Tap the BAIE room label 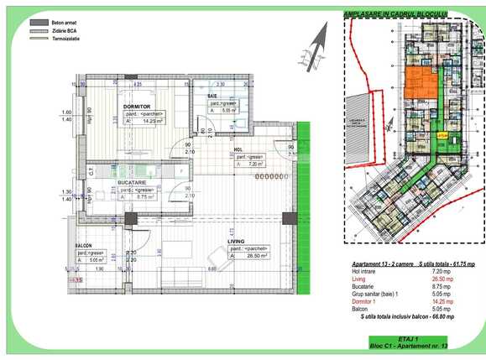[215, 97]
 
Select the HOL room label [241, 150]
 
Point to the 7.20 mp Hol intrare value [442, 272]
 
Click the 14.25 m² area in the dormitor [152, 121]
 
